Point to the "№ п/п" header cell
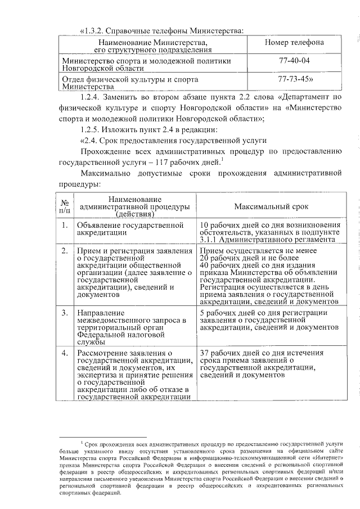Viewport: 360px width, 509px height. click(x=66, y=206)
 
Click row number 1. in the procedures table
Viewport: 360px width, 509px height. click(x=65, y=226)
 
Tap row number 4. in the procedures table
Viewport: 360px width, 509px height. click(x=65, y=353)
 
